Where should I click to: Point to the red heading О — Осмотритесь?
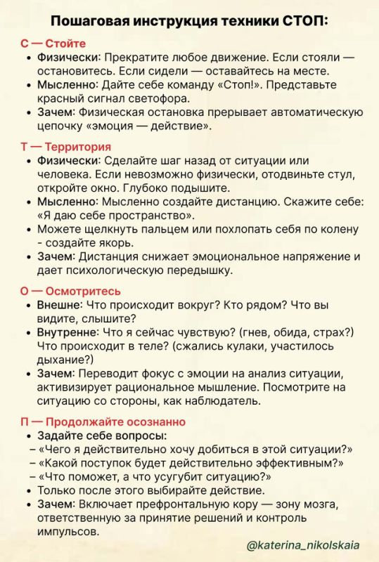[x=71, y=291]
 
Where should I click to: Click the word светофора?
[x=155, y=98]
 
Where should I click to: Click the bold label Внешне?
[x=59, y=304]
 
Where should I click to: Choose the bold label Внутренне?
[x=68, y=332]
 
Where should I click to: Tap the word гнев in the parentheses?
[x=256, y=332]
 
